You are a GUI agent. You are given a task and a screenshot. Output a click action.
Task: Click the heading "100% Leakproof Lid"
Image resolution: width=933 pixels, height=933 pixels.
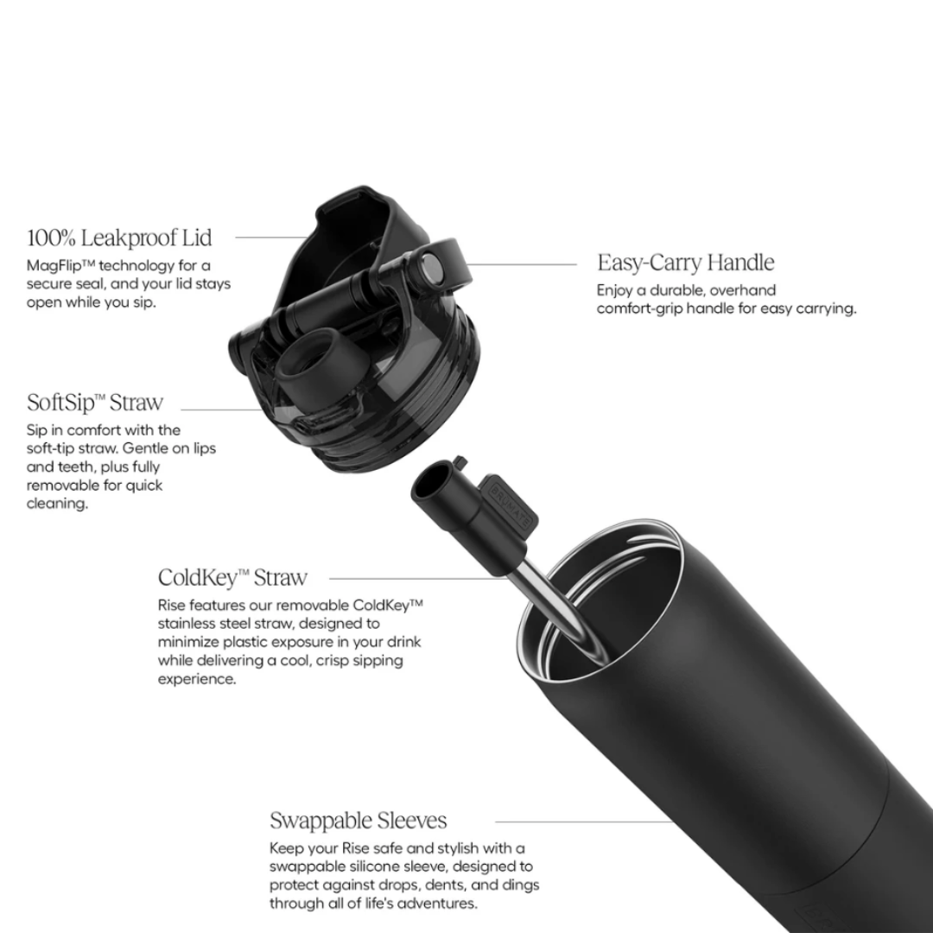[119, 238]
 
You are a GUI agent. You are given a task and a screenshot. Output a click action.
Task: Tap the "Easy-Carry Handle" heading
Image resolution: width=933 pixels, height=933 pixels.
[685, 263]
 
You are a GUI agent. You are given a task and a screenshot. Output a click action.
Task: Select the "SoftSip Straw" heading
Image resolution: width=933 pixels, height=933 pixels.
[95, 403]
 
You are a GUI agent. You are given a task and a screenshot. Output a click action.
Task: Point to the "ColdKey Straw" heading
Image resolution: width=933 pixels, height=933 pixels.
[232, 577]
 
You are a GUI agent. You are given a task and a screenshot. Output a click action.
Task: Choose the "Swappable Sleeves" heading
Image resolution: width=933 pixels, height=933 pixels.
[359, 821]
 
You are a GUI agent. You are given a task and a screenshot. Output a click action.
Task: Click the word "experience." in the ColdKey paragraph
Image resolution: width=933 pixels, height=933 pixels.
[197, 679]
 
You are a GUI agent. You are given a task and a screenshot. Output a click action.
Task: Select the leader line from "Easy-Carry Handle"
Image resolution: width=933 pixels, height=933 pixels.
[522, 263]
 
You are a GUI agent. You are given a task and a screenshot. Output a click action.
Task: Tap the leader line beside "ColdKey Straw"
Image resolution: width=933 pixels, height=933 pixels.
[416, 578]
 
